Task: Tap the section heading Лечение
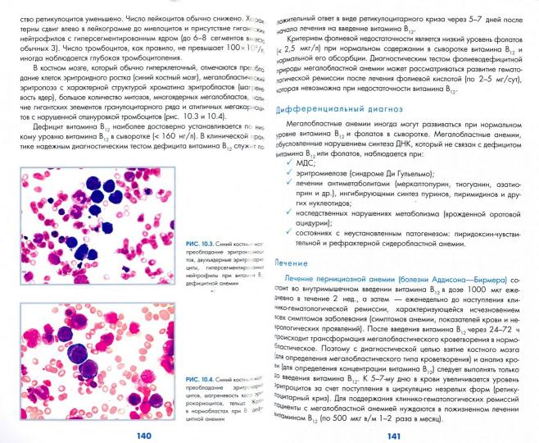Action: pyautogui.click(x=291, y=264)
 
